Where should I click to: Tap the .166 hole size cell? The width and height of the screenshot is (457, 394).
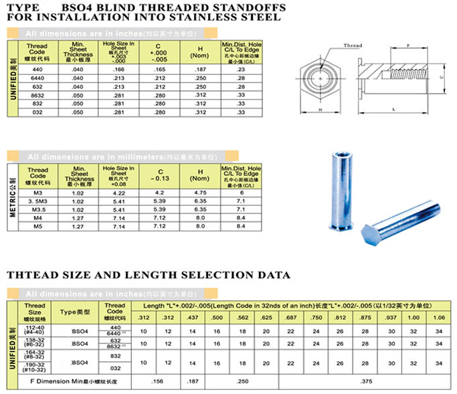point(118,70)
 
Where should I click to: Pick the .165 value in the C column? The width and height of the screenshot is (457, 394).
point(159,70)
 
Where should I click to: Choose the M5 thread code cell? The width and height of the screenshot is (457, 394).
point(38,226)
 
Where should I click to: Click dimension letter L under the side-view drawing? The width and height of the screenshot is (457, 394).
point(396,108)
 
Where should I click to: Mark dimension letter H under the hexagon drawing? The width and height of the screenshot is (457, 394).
point(321,108)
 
